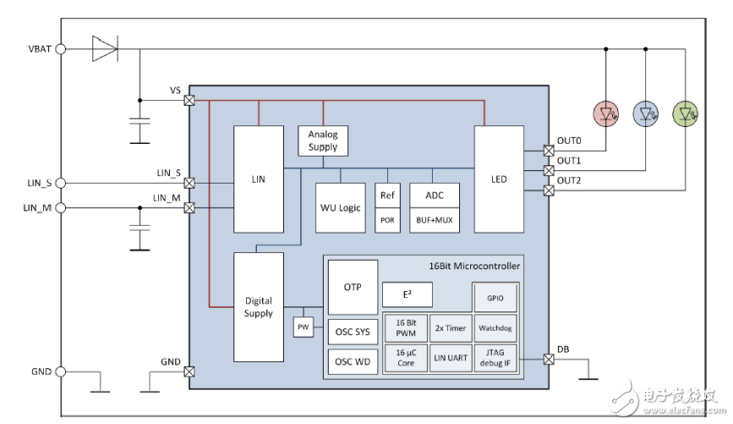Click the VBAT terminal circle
[x=60, y=49]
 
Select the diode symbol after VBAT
[x=103, y=49]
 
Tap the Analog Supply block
[x=323, y=140]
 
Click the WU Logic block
[x=340, y=207]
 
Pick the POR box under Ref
[x=387, y=219]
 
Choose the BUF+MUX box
[x=435, y=219]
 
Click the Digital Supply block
[x=258, y=307]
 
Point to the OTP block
[x=353, y=287]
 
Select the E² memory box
[x=407, y=294]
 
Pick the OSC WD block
[x=353, y=362]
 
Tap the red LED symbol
[x=606, y=112]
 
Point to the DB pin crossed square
[x=547, y=360]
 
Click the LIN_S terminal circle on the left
[x=60, y=183]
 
